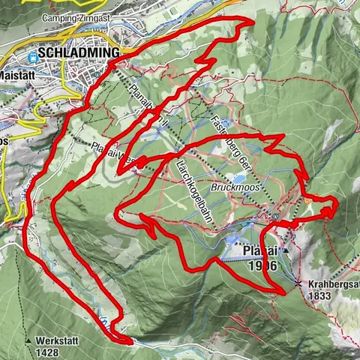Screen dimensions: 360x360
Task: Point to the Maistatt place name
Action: [16, 75]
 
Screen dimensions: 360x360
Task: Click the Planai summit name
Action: [261, 251]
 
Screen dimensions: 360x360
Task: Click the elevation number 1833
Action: [321, 296]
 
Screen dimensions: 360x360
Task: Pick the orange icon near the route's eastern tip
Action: [309, 201]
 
